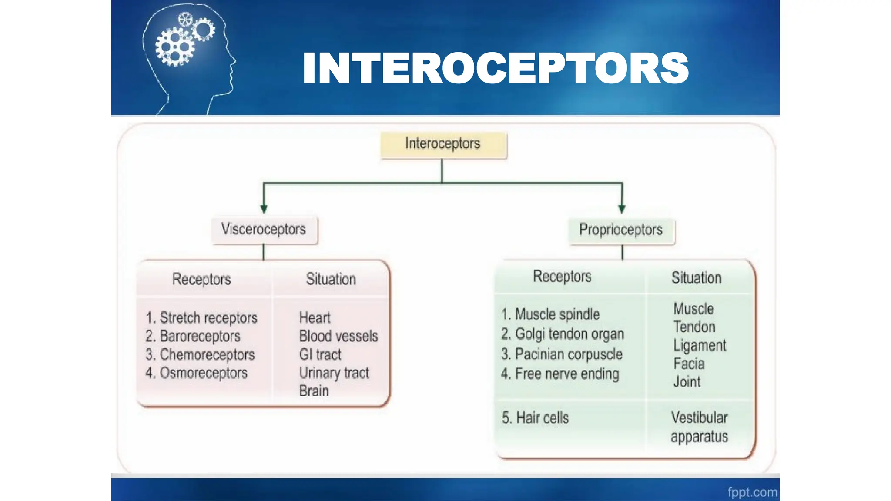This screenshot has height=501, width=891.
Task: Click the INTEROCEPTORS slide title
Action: coord(496,68)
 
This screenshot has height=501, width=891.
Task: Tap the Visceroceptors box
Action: coord(264,229)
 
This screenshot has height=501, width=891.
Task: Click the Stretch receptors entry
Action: coord(201,318)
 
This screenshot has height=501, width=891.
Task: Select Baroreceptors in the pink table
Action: coord(193,336)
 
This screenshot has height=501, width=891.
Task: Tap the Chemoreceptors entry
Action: coord(200,355)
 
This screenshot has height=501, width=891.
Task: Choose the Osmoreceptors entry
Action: coord(196,373)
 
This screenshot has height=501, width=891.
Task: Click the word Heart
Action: coord(315,318)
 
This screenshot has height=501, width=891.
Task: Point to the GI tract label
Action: coord(320,355)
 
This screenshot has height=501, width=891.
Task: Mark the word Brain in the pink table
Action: coord(314,391)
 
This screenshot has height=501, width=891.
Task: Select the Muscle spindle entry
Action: coord(550,314)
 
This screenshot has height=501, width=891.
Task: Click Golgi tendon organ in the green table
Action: coord(562,334)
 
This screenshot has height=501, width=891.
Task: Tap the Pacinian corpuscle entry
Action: coord(562,354)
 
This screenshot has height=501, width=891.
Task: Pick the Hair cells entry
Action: coord(535,418)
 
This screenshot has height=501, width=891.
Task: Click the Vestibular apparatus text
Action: coord(699,427)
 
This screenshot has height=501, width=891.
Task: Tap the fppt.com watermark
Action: coord(752,492)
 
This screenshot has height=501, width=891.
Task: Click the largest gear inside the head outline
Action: coord(174,47)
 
